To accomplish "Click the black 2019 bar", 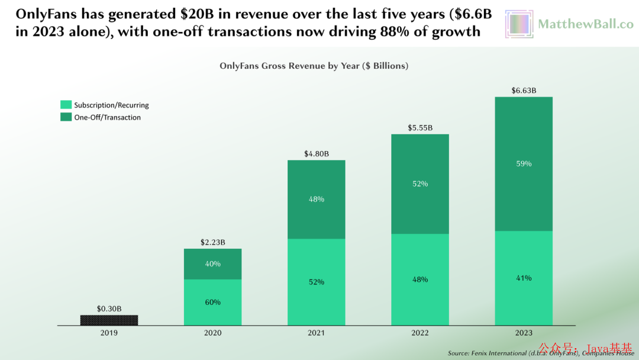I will click(109, 320).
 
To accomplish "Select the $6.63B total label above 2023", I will click(524, 91).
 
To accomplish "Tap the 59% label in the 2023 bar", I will click(524, 163).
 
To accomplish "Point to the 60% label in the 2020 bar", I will click(212, 302).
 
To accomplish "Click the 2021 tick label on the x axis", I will click(316, 333).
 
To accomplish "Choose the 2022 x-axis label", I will click(419, 333).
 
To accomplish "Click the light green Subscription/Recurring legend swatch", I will click(65, 105).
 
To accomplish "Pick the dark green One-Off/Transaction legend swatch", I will click(65, 117).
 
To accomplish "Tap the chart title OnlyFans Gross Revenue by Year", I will click(314, 66).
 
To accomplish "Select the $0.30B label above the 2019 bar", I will click(109, 308).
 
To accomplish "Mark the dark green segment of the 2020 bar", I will click(212, 263).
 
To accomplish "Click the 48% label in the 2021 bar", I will click(316, 200).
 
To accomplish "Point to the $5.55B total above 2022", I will click(419, 128).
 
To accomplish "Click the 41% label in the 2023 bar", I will click(524, 278).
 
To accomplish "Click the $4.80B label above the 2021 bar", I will click(316, 154).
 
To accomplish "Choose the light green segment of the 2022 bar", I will click(419, 279).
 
